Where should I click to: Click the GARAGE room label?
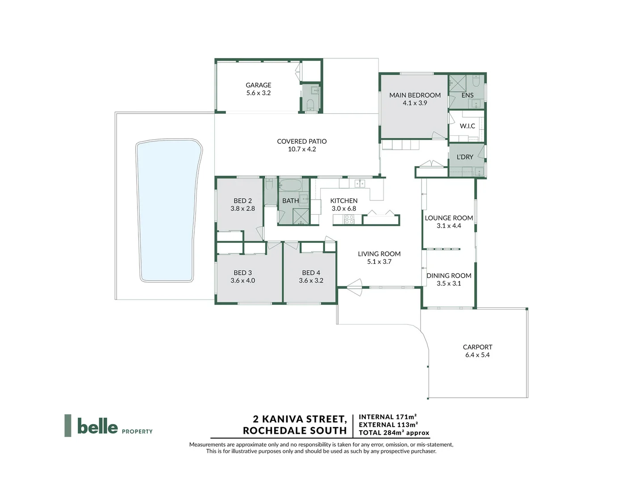[x=258, y=85]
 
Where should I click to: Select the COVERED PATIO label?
[x=302, y=141]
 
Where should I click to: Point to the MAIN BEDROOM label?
[x=415, y=95]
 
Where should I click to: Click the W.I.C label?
[x=468, y=126]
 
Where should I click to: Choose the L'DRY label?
[x=465, y=157]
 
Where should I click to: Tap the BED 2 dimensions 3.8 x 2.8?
[x=243, y=208]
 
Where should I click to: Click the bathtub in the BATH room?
[x=290, y=185]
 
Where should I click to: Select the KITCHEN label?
[x=344, y=201]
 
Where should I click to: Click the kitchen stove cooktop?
[x=349, y=219]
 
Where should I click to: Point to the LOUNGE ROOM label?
[x=449, y=218]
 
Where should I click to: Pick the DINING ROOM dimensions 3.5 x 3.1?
[x=449, y=283]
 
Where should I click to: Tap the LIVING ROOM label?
[x=379, y=254]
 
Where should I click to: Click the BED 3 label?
[x=243, y=273]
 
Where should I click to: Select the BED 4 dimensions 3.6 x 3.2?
[x=311, y=281]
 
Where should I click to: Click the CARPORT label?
[x=477, y=347]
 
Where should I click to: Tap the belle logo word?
[x=97, y=426]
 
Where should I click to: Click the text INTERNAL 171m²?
[x=388, y=417]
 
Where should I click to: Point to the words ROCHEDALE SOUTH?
[x=295, y=431]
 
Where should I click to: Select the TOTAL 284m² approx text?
[x=394, y=432]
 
